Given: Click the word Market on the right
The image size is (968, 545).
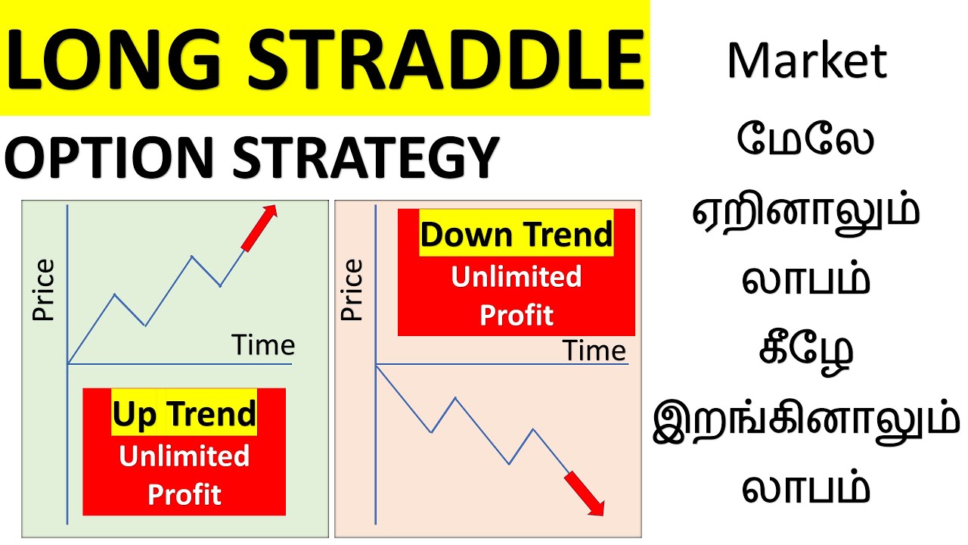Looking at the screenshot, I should [806, 62].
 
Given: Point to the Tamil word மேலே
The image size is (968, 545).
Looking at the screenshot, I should [806, 142].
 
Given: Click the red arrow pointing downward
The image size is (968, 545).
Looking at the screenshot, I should [584, 494].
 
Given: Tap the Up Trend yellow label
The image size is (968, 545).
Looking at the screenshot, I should [185, 415].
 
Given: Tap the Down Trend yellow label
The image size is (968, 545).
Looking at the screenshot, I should [517, 235].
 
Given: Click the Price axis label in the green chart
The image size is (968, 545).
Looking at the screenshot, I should [44, 290].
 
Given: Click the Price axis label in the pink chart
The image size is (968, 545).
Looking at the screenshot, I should [352, 290].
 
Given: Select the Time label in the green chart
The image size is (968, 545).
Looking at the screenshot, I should [263, 345].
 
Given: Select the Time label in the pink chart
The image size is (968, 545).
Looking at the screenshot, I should [594, 351].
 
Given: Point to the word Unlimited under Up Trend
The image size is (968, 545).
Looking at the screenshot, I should [185, 456].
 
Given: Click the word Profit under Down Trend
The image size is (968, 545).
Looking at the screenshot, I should [517, 314].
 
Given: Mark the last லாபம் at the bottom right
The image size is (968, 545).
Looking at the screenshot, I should [806, 488].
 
